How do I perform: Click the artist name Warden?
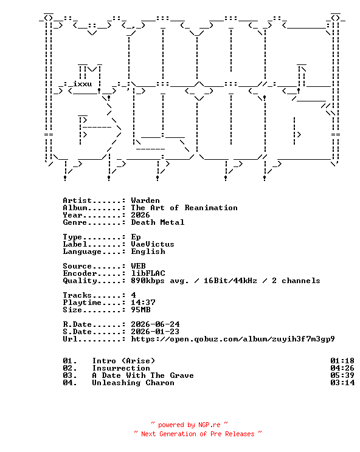coord(145,200)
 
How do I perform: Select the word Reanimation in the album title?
coord(211,208)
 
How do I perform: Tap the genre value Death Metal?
coord(157,222)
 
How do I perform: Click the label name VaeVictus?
coord(153,244)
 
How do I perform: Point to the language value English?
coord(148,252)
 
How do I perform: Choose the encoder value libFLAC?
coord(148,273)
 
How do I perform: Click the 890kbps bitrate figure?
coord(148,281)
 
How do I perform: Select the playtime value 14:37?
coord(143,303)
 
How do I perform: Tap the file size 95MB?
coord(140,310)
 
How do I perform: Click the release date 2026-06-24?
coord(155,324)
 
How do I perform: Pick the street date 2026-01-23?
coord(155,332)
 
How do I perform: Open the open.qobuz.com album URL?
coord(233,339)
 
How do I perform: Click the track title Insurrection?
coord(121,368)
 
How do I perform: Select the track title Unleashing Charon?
coord(133,383)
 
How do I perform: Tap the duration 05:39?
coord(342,375)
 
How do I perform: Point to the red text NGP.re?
coord(209,425)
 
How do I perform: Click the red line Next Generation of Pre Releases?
coord(198,434)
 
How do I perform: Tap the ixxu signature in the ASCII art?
coord(82,84)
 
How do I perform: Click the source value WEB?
coord(138,265)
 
